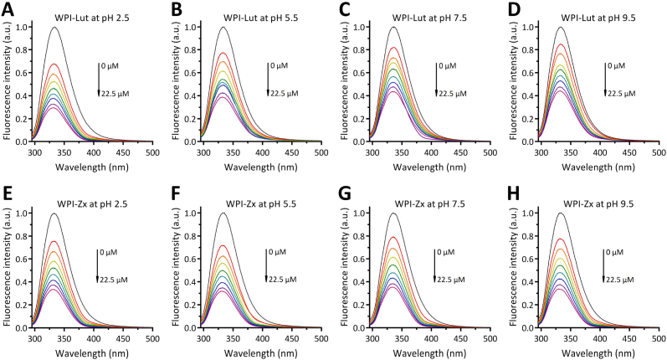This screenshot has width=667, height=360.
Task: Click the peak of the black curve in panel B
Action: pyautogui.click(x=223, y=27)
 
